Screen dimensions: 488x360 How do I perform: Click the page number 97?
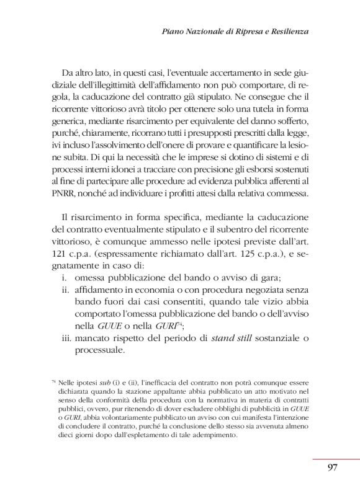[x=332, y=468]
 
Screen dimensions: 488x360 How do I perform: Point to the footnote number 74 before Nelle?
[x=53, y=382]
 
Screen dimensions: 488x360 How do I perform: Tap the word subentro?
[x=231, y=230]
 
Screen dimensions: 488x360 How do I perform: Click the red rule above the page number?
[x=332, y=458]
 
